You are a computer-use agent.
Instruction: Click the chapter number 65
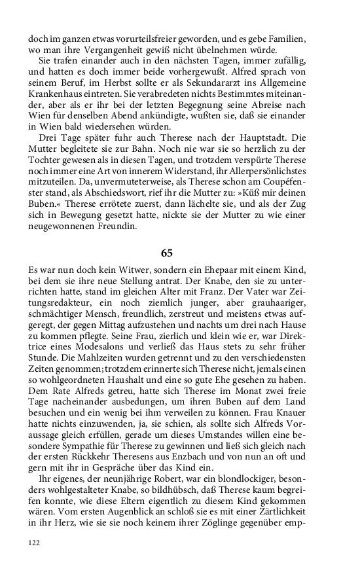pyautogui.click(x=166, y=253)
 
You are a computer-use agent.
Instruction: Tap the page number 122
pyautogui.click(x=35, y=543)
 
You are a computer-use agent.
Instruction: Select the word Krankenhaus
pyautogui.click(x=57, y=97)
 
